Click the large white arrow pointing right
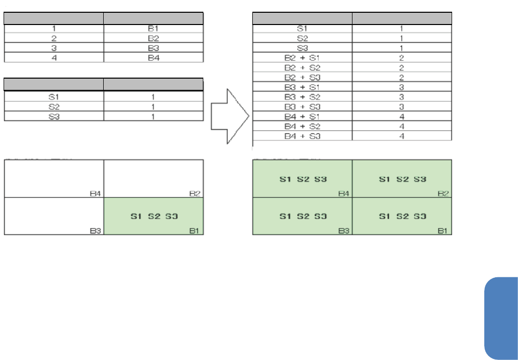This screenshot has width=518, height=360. (x=230, y=116)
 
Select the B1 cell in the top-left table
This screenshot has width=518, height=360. (x=153, y=29)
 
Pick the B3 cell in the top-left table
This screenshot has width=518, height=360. (x=153, y=48)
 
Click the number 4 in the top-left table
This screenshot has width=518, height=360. (x=54, y=58)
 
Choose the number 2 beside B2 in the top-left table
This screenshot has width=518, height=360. (x=54, y=38)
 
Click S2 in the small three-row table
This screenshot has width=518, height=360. (x=54, y=107)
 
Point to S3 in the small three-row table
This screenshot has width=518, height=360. (x=54, y=116)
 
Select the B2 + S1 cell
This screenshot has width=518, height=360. (x=302, y=58)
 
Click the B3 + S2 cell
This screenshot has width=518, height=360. (x=302, y=97)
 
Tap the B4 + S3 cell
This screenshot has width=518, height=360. (x=302, y=136)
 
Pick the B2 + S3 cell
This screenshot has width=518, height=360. (x=302, y=77)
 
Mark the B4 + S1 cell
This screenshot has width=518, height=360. (x=302, y=116)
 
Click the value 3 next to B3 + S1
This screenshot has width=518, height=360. (x=402, y=87)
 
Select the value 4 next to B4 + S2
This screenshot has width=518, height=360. (x=402, y=126)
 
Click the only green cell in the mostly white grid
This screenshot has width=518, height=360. (x=153, y=216)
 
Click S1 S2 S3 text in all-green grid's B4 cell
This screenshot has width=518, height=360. (x=303, y=179)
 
